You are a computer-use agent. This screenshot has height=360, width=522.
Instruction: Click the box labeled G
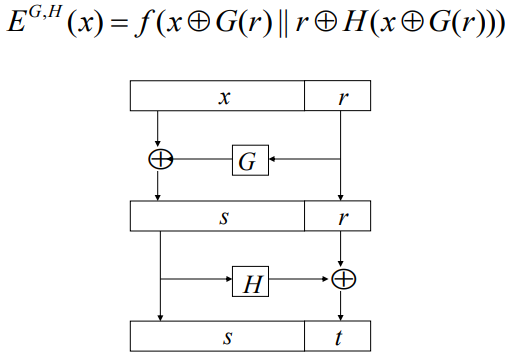tap(250, 160)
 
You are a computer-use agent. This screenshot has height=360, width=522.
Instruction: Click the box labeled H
tap(250, 283)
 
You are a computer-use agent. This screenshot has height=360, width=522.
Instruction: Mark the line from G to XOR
tap(200, 160)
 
